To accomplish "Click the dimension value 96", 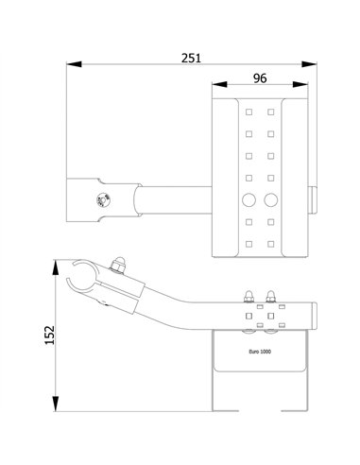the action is [263, 77].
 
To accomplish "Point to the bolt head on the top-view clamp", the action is [101, 198].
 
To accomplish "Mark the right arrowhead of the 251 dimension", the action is [311, 65].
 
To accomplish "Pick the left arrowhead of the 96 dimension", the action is [217, 88].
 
